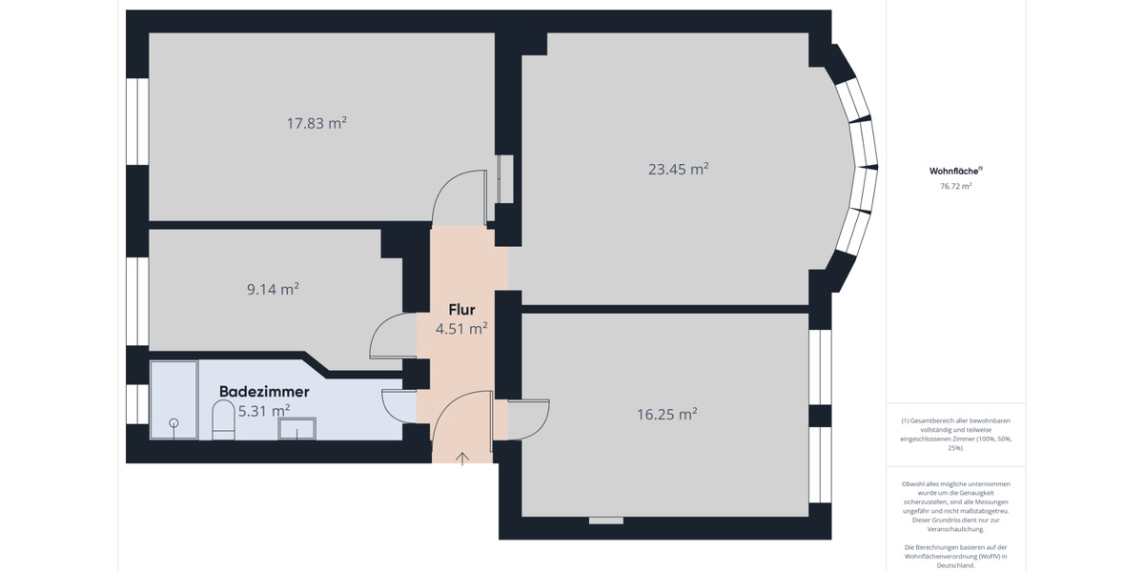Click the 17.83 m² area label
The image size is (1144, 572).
(x=317, y=123)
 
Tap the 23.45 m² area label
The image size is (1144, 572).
(x=678, y=169)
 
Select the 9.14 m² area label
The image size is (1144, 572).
(x=273, y=289)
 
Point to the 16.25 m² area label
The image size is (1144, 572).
(x=666, y=414)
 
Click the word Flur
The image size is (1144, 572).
(x=461, y=309)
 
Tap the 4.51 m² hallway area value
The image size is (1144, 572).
(x=461, y=328)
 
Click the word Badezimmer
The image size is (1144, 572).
(x=264, y=391)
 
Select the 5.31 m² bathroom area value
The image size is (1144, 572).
(x=264, y=411)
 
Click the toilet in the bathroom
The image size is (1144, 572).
(x=223, y=419)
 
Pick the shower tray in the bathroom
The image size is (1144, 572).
(x=174, y=400)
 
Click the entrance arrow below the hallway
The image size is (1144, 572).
(x=462, y=459)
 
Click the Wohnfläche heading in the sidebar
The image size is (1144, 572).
(x=954, y=171)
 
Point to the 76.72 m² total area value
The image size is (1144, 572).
(x=955, y=187)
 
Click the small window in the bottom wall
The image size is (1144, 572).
(x=606, y=521)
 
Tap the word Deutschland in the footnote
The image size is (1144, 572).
(x=955, y=565)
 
